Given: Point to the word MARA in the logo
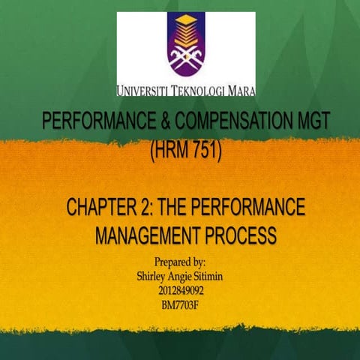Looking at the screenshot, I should coord(238,91).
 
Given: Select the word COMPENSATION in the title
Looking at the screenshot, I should coord(235,122).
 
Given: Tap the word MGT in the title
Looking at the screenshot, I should coord(309,122).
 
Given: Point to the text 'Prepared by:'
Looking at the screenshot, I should coord(180,263).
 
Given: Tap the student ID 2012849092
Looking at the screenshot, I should coord(180,290).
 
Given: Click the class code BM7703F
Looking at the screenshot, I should coord(180,304).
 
